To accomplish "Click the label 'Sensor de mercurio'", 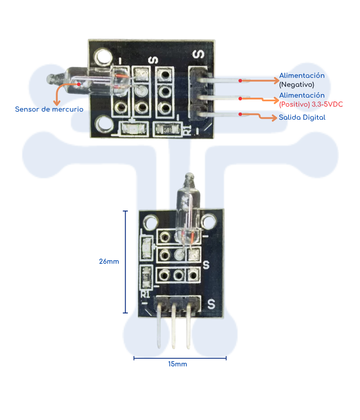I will point(49,109).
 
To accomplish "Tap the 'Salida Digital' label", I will point(302,117).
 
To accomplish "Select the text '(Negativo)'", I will point(297,84).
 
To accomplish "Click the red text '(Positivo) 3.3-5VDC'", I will point(311,104).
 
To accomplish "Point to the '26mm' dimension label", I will point(109,262).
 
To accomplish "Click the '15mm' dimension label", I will point(178,364).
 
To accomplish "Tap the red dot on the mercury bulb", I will point(79,84).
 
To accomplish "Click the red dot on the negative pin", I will point(240,81).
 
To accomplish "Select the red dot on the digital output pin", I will point(240,114).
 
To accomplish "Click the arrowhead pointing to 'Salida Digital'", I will point(274,118).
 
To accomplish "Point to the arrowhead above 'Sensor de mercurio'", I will point(57,103).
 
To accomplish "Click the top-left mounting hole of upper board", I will point(103,57).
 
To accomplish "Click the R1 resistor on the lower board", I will point(146,278).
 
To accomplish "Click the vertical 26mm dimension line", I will point(126,262).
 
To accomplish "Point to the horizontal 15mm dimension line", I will point(180,358).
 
